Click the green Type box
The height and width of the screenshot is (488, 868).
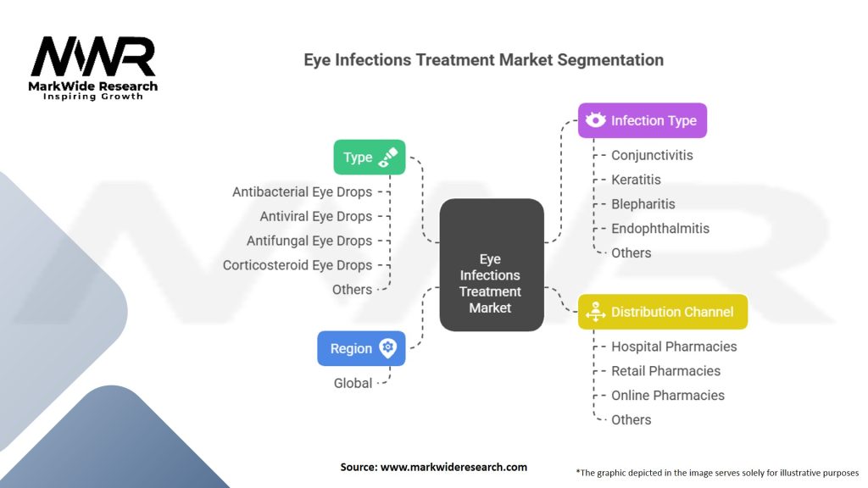pos(370,157)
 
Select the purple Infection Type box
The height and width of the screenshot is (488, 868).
pos(643,120)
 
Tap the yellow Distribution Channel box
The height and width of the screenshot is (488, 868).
pos(663,312)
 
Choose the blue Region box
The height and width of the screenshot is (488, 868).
pos(361,348)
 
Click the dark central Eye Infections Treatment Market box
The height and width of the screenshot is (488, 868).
pos(492,265)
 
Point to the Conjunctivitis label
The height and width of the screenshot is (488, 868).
pos(652,156)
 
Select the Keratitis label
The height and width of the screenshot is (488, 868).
pos(636,180)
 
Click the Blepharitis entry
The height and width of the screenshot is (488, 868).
pos(643,204)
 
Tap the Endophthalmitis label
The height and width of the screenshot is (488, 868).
pos(659,229)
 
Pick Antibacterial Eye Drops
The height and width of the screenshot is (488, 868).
pos(303,192)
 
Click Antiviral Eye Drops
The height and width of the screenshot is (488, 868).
pos(316,216)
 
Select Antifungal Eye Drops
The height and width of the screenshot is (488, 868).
pos(309,241)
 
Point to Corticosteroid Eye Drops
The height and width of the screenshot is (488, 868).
pos(298,265)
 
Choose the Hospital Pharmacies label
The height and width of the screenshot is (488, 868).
pos(674,347)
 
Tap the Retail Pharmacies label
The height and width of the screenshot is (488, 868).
pos(665,371)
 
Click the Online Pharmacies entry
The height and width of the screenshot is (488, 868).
pos(668,395)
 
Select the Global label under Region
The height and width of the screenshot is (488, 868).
pos(353,383)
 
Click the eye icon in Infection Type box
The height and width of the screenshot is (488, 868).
pos(596,119)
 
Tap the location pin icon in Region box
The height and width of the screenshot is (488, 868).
pos(388,348)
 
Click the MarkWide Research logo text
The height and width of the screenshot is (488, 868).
pos(93,86)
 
